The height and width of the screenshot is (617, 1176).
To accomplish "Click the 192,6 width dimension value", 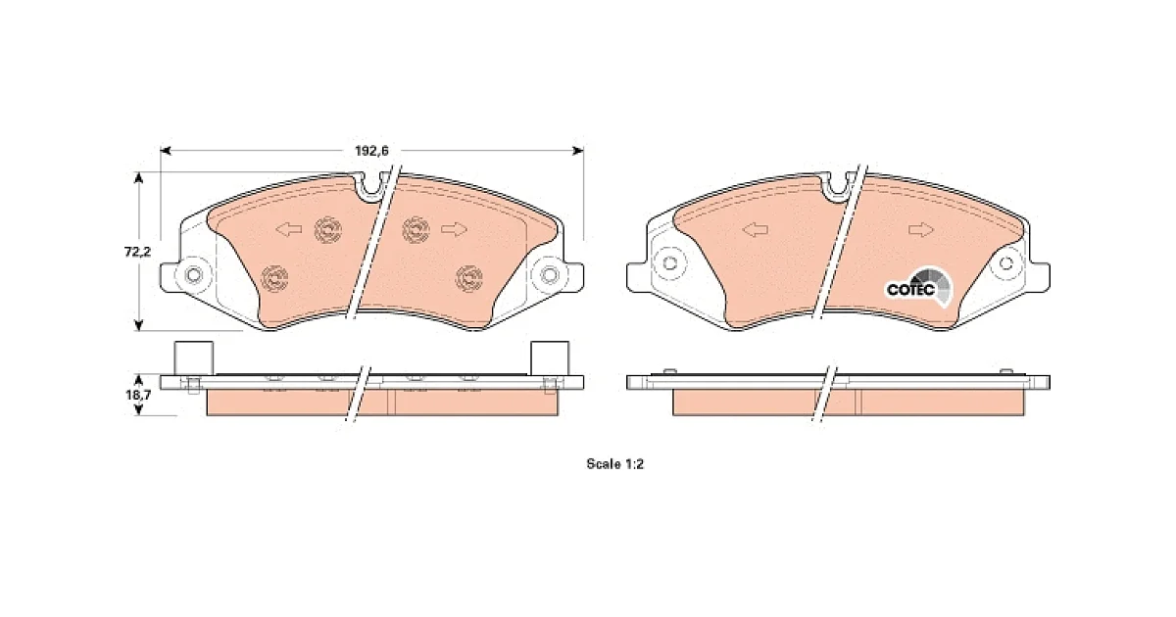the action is [371, 151].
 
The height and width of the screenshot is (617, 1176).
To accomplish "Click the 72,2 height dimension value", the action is [137, 252].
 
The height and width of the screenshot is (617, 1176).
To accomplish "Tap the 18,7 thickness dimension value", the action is [138, 395].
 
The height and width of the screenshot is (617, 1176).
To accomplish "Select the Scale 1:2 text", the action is [614, 464].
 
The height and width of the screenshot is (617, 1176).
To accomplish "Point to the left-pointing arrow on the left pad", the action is [289, 229].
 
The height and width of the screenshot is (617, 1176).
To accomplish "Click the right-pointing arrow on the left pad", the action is [454, 229].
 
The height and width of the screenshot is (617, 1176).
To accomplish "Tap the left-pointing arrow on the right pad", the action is [756, 229].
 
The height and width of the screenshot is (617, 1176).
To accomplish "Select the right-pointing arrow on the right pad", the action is [921, 229].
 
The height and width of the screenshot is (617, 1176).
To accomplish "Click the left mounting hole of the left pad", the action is [194, 275].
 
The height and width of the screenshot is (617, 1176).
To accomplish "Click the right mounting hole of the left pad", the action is [549, 275].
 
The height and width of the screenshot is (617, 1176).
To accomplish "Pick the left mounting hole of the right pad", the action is [669, 262].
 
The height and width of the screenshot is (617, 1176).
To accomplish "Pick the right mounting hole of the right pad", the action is [1006, 262].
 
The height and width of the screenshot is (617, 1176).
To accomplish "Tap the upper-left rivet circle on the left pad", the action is [328, 230].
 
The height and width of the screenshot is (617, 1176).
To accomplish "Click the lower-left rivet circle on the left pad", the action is [274, 278].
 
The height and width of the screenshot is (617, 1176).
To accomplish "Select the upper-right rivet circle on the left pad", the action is [416, 230].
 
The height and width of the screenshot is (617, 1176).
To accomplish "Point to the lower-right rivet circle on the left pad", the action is [468, 278].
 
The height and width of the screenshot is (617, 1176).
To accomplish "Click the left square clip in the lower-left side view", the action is [194, 358].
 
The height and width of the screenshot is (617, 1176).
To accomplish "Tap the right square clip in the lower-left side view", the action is [550, 358].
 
